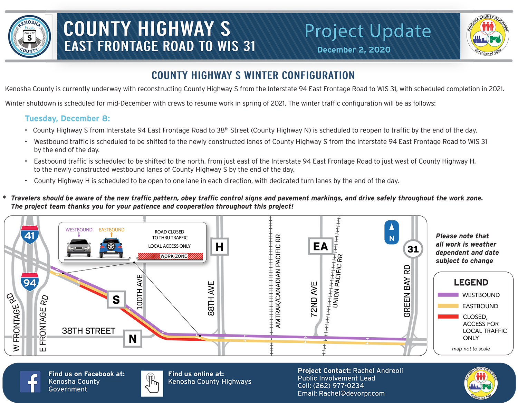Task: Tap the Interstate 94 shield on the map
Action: [30, 282]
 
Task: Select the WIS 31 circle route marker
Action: [413, 249]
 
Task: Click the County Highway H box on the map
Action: [219, 247]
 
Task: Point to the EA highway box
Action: [320, 246]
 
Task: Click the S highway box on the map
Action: [116, 300]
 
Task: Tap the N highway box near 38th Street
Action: [133, 339]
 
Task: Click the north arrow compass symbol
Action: [392, 232]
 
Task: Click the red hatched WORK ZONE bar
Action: [171, 256]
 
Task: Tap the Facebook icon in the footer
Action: [30, 382]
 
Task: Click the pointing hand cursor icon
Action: [152, 383]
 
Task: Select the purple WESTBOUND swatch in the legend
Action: [448, 295]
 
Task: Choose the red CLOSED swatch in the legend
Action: [448, 317]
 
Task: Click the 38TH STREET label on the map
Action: [88, 331]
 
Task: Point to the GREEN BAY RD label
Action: [407, 291]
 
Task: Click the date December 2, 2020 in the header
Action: [354, 50]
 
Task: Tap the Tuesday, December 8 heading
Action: [67, 118]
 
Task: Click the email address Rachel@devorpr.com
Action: [352, 393]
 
